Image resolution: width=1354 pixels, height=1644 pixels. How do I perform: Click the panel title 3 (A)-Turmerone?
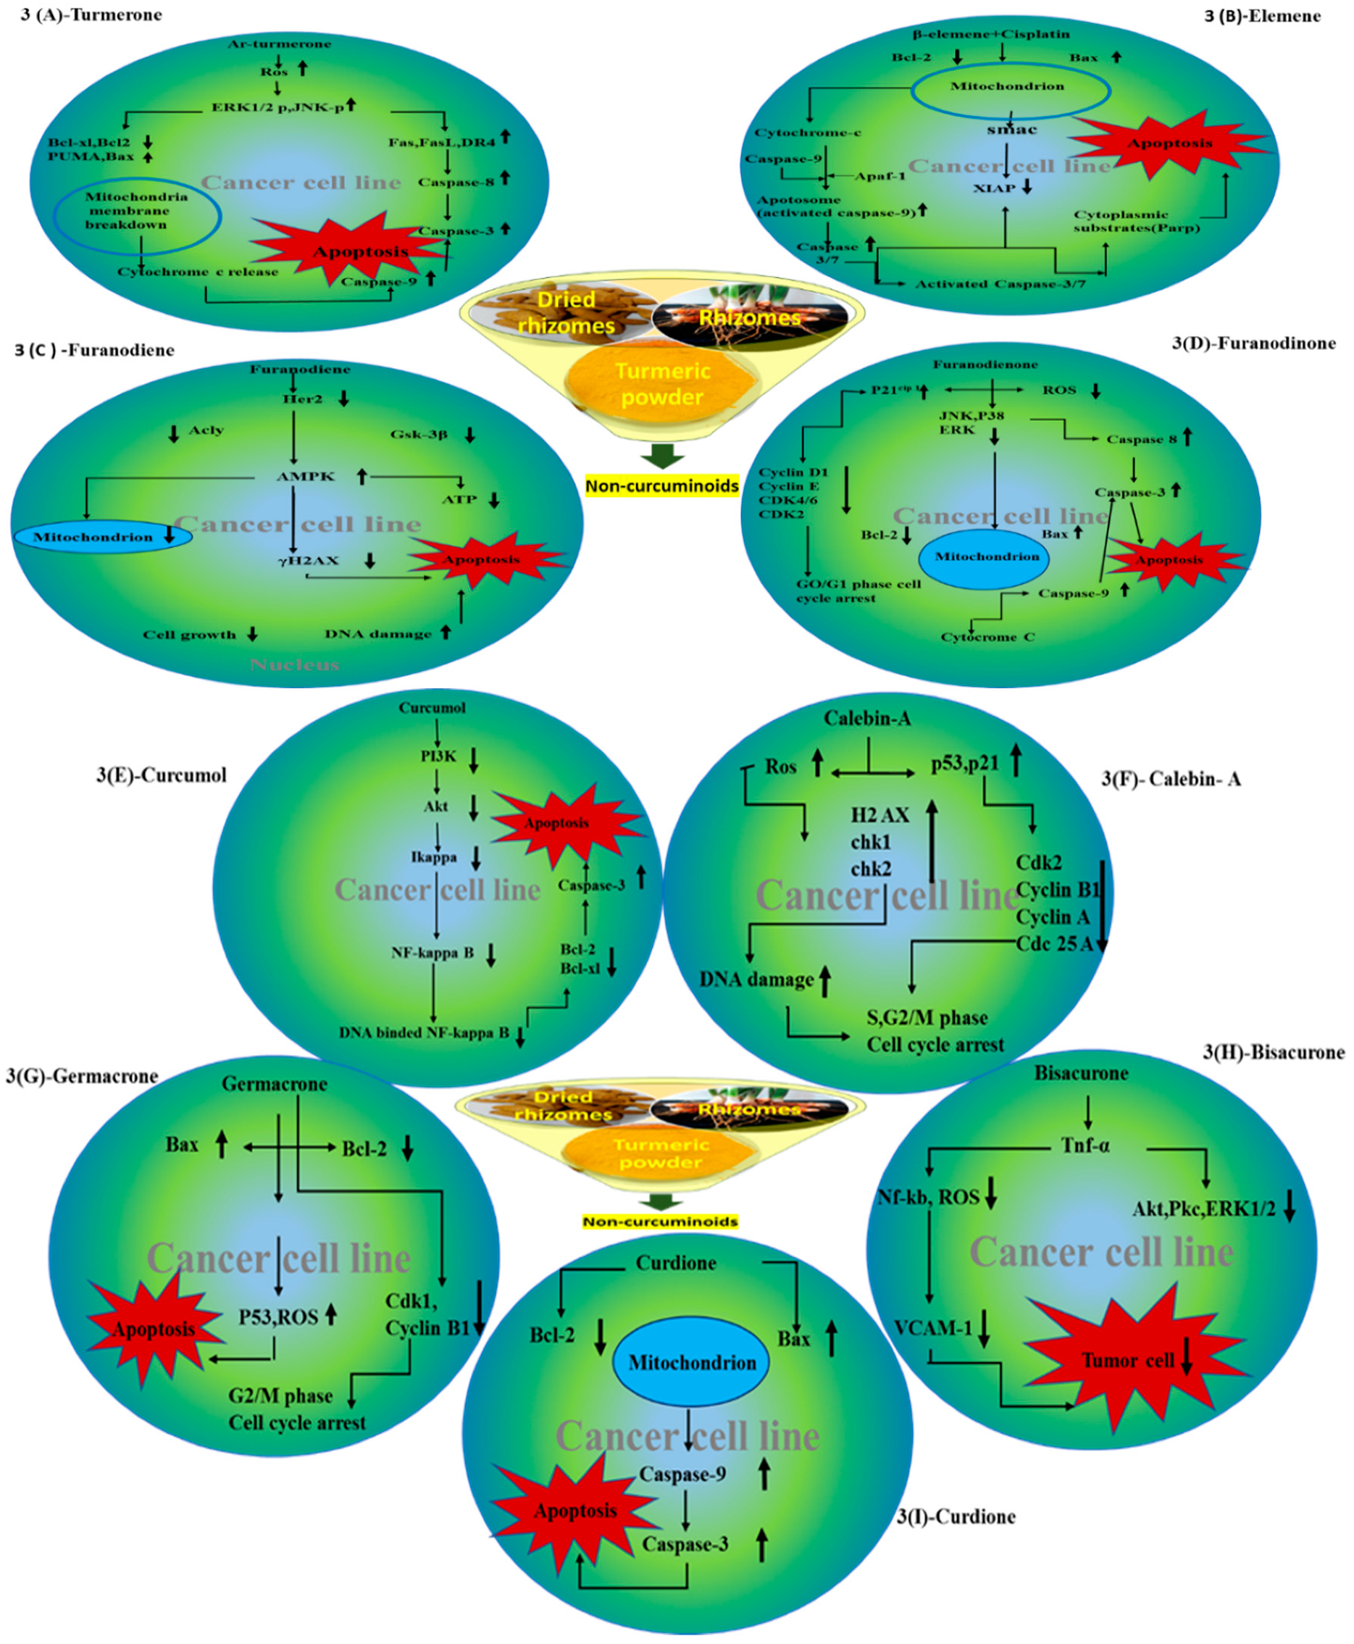[91, 14]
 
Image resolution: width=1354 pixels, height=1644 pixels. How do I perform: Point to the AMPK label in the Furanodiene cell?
[306, 476]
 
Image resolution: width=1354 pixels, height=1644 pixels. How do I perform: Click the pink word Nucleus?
[294, 664]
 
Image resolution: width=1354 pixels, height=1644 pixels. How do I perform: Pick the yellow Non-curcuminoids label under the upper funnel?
[661, 486]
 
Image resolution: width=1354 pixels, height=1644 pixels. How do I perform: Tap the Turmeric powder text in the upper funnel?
[662, 384]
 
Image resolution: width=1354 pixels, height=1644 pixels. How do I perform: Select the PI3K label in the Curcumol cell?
[438, 756]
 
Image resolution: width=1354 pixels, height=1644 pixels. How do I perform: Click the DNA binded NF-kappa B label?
[424, 1032]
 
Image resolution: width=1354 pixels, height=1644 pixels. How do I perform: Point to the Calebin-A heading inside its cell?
[866, 718]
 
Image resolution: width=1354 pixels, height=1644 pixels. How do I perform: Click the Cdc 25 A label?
[1054, 943]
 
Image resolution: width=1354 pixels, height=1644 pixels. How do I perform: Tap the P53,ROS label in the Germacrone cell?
[277, 1317]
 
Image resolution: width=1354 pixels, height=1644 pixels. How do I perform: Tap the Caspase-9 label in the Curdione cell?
[682, 1474]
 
